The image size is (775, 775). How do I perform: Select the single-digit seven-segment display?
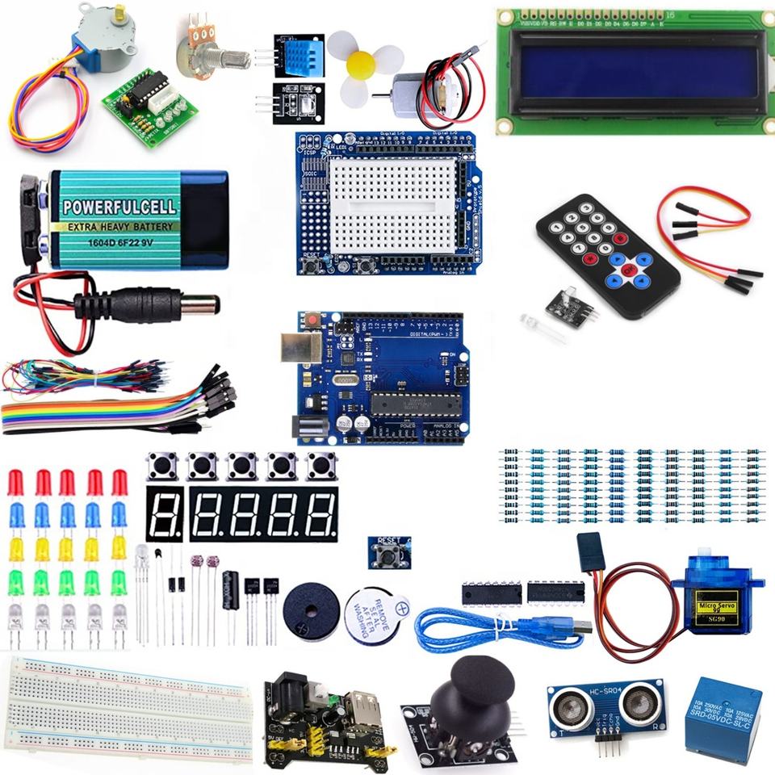[165, 514]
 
